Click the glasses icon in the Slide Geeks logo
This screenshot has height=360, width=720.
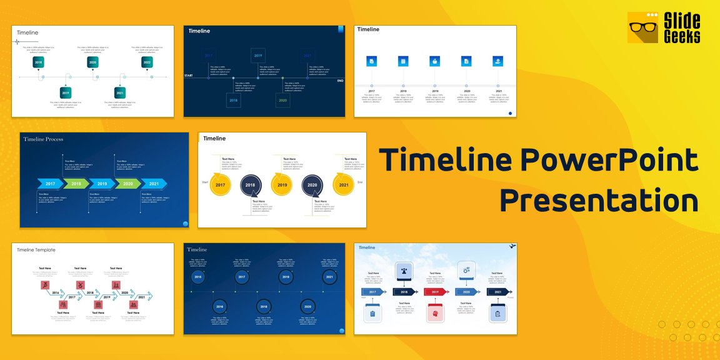point(642,28)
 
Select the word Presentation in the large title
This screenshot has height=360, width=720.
point(599,201)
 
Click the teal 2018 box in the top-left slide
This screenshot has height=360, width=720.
point(38,62)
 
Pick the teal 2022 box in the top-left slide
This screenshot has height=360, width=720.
point(147,62)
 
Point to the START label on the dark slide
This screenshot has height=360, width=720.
point(188,76)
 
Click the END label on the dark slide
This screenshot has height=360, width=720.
point(340,81)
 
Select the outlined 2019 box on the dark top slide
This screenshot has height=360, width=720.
point(258,56)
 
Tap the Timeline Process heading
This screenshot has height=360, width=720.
point(43,139)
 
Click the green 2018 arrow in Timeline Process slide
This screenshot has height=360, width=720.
point(76,184)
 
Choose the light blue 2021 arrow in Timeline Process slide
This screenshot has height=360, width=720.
point(153,184)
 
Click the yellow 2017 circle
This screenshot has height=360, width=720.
point(220,185)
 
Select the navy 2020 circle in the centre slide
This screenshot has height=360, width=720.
point(312,185)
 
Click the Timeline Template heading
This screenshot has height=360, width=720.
point(36,250)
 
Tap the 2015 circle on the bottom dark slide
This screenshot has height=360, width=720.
point(198,277)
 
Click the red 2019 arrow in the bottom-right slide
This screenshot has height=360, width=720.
point(435,292)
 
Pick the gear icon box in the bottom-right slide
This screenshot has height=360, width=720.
point(466,269)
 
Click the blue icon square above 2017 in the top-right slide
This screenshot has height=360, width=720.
point(371,61)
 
